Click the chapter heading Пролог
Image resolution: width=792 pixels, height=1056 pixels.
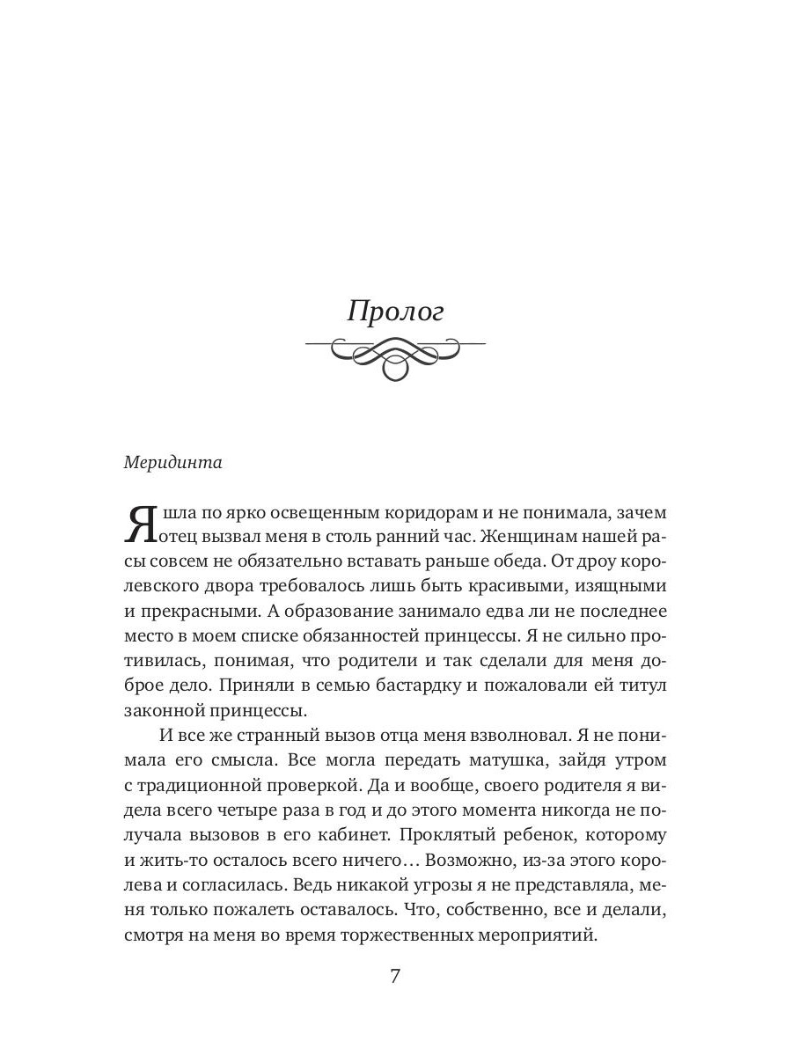(x=395, y=312)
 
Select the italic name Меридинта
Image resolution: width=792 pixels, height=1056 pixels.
(x=172, y=464)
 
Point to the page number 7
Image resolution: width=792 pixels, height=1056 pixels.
(x=395, y=976)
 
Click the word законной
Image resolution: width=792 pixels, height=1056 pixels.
(x=167, y=708)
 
